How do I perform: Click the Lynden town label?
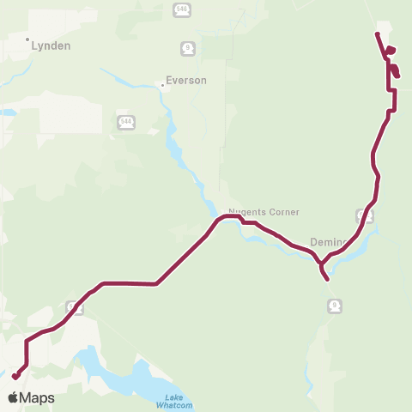tap(50, 45)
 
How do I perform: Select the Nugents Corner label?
tap(251, 211)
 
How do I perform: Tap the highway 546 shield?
tap(180, 9)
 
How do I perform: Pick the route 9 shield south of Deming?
tap(334, 305)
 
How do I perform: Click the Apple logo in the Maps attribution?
tap(14, 397)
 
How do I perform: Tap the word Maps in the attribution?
tap(37, 397)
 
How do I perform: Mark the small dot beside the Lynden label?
tap(27, 39)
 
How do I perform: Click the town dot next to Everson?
tap(162, 85)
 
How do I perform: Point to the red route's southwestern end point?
tap(15, 376)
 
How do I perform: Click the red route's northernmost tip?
tap(377, 33)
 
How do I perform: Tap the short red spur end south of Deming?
tap(329, 279)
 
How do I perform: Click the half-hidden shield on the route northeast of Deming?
tap(364, 215)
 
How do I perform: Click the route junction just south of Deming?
tap(320, 264)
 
